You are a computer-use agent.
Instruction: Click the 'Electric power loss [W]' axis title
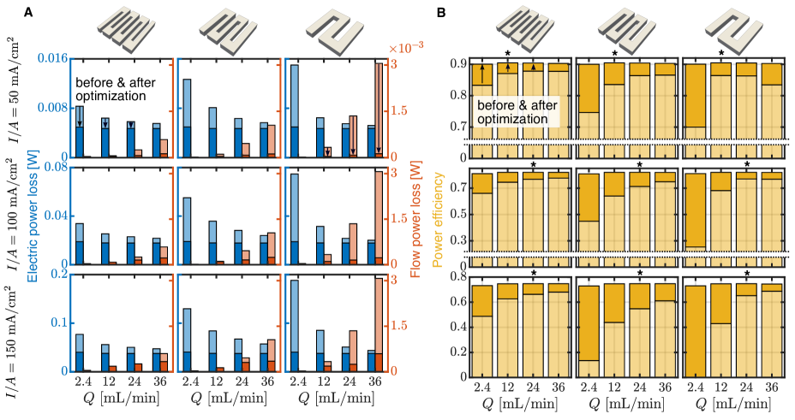32,222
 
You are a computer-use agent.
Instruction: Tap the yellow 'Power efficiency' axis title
438,220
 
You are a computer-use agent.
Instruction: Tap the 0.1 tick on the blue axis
60,322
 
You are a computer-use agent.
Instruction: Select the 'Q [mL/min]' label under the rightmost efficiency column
733,403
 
